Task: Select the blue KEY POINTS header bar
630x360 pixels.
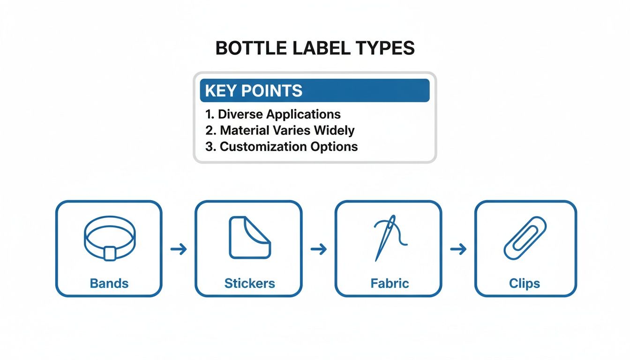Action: point(315,90)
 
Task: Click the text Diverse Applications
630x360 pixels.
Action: point(279,114)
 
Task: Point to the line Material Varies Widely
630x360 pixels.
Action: point(287,130)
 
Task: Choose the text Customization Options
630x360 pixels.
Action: point(289,147)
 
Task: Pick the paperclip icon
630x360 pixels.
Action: point(525,238)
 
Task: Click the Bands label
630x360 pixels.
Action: point(109,283)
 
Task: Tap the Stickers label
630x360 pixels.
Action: point(249,283)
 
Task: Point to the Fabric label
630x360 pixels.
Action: point(390,283)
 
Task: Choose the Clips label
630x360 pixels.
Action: point(525,283)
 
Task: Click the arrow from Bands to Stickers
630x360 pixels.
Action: point(178,249)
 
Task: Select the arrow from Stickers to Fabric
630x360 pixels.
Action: point(318,249)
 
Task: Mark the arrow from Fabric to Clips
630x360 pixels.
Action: point(458,249)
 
